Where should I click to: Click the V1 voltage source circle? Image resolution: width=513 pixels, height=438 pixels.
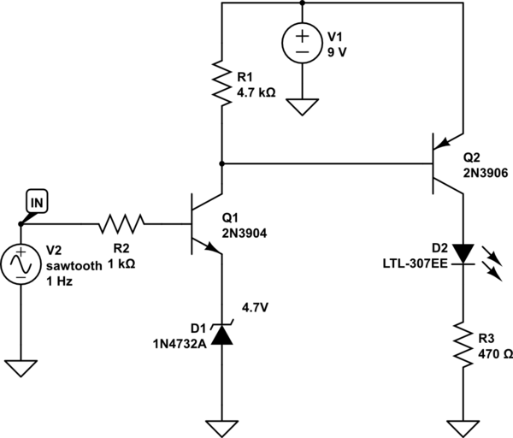[302, 43]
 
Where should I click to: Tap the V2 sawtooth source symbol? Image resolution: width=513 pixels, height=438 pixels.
[21, 264]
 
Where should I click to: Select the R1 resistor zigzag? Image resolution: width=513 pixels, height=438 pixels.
[221, 83]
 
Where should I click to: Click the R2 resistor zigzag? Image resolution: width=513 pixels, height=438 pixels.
[121, 224]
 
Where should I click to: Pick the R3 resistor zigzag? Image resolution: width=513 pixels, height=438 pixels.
[463, 344]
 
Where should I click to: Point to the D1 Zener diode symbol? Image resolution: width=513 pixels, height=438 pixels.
[221, 334]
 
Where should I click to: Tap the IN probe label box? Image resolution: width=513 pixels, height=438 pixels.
[37, 203]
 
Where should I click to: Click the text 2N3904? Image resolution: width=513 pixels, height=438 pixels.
[245, 234]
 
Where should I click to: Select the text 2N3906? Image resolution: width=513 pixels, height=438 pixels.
[486, 173]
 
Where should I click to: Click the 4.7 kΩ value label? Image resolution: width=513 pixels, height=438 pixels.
[256, 92]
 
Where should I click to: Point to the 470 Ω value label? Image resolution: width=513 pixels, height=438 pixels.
[495, 354]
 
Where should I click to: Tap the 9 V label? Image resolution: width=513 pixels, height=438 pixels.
[337, 52]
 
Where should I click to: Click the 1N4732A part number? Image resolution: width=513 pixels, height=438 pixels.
[180, 344]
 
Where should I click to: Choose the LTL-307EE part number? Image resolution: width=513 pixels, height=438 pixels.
[416, 263]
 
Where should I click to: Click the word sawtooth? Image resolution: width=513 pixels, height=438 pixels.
[74, 266]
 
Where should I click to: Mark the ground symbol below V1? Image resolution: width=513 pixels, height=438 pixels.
[302, 107]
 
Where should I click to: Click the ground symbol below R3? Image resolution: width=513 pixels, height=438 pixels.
[463, 429]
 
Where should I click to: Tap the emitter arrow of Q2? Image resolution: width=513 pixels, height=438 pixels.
[442, 143]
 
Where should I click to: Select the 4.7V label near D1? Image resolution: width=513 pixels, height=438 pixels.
[255, 308]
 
